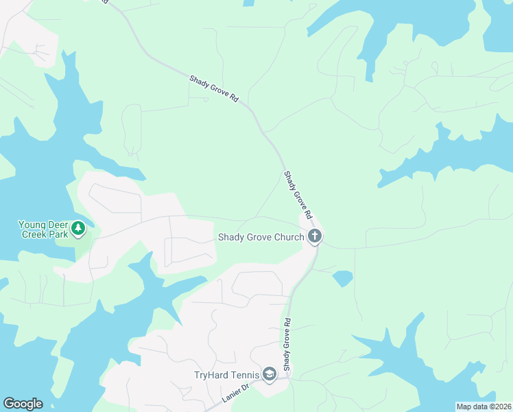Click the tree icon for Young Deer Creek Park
pyautogui.click(x=78, y=227)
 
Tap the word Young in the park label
pyautogui.click(x=32, y=225)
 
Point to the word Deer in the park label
pyautogui.click(x=58, y=225)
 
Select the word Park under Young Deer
pyautogui.click(x=58, y=234)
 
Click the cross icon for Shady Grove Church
pyautogui.click(x=315, y=237)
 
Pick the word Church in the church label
pyautogui.click(x=288, y=238)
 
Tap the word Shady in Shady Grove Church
pyautogui.click(x=230, y=238)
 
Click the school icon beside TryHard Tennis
pyautogui.click(x=268, y=375)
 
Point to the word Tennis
pyautogui.click(x=246, y=375)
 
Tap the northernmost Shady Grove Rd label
pyautogui.click(x=214, y=89)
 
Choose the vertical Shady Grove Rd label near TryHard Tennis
pyautogui.click(x=287, y=344)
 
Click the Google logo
pyautogui.click(x=23, y=404)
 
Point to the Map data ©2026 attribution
pyautogui.click(x=484, y=407)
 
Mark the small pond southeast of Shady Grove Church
pyautogui.click(x=343, y=278)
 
